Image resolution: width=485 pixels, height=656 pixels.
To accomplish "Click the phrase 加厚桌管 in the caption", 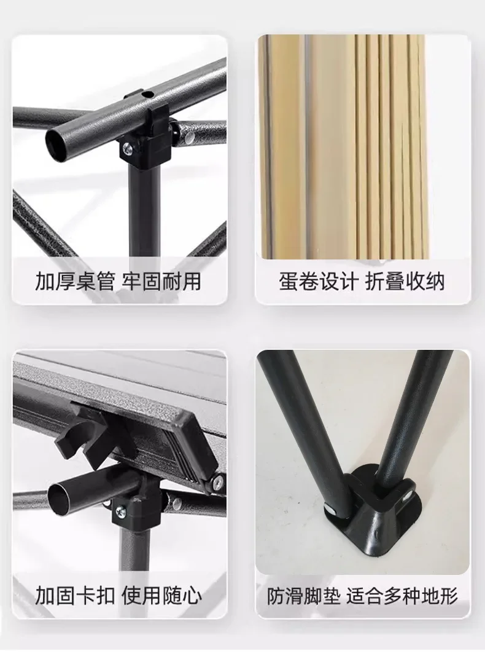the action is coord(75,282).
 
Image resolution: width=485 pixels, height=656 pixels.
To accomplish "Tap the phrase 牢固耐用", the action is coord(161,282).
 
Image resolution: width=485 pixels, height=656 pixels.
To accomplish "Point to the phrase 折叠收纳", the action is coord(405,282).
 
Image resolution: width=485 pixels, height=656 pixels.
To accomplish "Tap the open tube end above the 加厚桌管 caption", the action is coord(56,144).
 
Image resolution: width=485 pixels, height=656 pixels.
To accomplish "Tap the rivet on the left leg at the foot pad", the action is coord(330,510).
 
